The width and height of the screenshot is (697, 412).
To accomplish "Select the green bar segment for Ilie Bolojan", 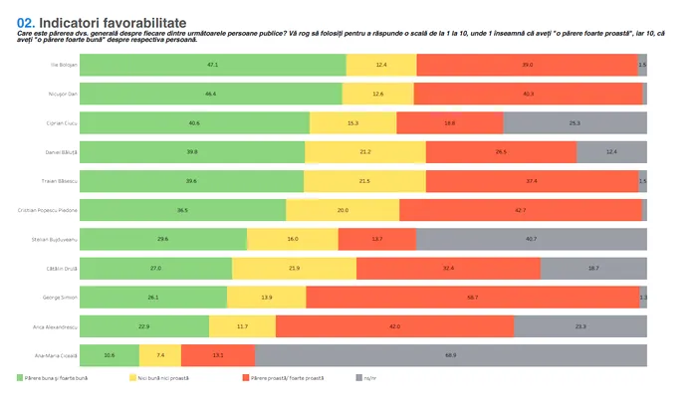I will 212,65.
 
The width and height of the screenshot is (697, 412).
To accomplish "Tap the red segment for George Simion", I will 472,297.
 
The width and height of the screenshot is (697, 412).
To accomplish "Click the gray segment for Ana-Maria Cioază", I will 451,354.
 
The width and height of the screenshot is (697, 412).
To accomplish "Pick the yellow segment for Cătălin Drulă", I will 294,268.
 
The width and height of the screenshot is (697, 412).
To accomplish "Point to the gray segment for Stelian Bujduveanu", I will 531,239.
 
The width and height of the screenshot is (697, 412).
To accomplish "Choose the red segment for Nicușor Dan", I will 528,94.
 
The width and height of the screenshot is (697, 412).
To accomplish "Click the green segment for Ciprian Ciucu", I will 194,122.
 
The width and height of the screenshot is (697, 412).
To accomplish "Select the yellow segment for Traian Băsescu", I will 364,181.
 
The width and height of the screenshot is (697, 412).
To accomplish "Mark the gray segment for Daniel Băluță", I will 611,151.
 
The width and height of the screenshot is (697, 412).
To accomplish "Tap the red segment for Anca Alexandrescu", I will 394,325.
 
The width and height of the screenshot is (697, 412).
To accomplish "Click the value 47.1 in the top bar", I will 212,65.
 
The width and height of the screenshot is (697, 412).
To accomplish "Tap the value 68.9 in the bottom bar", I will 451,355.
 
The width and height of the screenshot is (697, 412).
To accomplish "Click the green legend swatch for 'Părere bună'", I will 21,378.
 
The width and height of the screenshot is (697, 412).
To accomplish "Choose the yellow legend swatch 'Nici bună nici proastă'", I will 132,378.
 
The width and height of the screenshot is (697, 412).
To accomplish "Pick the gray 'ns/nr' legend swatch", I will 358,378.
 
